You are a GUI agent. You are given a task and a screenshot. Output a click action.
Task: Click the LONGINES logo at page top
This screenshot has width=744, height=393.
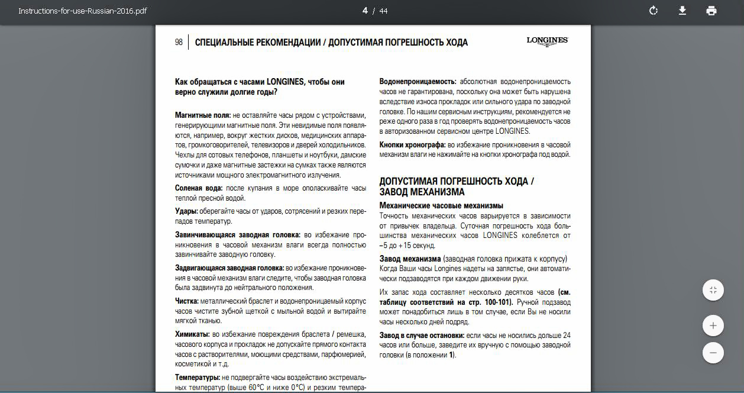[547, 41]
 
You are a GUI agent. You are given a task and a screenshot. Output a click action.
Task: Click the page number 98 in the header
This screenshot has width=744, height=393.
[179, 43]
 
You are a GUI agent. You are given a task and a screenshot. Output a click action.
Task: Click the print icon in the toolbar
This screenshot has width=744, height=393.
[711, 11]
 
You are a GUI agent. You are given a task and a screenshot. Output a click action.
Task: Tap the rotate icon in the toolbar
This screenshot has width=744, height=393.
[654, 11]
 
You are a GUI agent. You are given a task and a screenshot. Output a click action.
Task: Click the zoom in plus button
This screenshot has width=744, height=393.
[713, 326]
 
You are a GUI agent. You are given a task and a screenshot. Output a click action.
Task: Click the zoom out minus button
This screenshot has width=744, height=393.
[713, 353]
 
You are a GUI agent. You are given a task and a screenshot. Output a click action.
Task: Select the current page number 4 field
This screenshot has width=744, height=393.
[365, 11]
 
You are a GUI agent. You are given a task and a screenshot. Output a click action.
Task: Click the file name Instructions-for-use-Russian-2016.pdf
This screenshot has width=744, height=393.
[83, 11]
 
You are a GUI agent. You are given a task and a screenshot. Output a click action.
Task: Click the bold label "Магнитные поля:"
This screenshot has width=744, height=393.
[202, 115]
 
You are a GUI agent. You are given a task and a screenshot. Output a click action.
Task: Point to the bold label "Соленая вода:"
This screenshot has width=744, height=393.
[199, 188]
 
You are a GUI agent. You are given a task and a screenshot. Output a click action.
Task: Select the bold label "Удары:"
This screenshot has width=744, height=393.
[186, 211]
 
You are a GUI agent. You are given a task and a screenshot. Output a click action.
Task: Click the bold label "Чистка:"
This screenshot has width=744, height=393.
[186, 301]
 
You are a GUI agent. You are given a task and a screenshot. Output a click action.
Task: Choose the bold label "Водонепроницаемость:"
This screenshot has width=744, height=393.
[418, 81]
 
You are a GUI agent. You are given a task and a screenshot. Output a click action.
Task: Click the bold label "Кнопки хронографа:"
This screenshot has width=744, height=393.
[412, 144]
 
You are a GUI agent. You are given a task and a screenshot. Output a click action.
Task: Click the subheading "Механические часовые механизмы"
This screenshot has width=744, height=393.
[441, 205]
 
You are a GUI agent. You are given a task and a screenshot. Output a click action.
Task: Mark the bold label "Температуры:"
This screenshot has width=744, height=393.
[198, 377]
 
